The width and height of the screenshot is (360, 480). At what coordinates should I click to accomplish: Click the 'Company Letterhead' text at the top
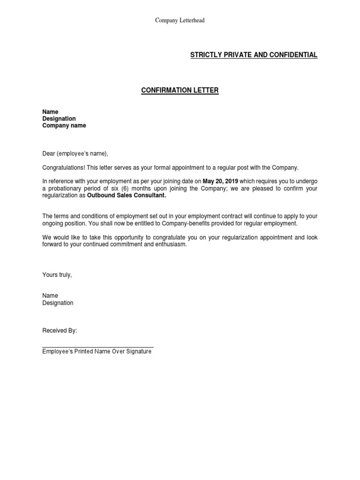[180, 21]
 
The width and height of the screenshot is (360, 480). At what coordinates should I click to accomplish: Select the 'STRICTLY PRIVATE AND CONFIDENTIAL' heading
[254, 55]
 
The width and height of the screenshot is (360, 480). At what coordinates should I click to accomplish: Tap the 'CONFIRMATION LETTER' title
[180, 90]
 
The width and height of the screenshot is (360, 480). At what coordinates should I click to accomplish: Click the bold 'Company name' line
[64, 126]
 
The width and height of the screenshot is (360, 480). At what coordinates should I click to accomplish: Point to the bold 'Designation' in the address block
[59, 119]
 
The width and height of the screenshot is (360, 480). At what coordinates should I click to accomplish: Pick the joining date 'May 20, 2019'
[220, 181]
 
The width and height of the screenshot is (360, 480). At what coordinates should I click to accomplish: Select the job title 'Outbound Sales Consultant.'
[127, 195]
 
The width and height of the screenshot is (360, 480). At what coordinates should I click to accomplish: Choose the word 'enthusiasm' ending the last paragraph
[171, 245]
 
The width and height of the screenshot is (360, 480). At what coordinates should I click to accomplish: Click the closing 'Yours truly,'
[57, 275]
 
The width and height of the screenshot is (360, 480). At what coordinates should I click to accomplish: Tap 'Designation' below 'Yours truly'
[58, 303]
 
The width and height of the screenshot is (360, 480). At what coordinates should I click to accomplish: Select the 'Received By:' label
[60, 330]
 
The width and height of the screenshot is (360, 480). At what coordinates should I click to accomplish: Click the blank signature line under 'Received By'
[97, 347]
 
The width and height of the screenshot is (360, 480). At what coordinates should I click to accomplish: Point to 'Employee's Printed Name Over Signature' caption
[97, 352]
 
